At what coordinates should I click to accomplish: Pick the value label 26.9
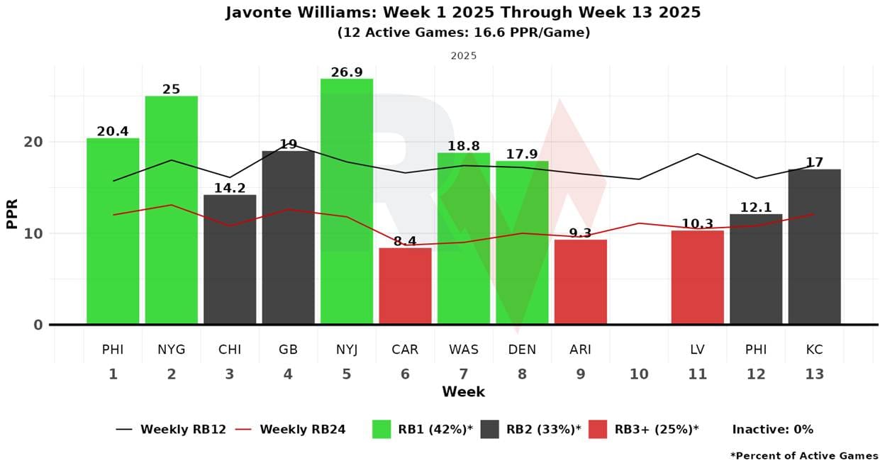point(347,72)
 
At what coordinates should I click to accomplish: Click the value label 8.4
point(405,241)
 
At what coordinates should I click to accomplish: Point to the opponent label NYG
point(172,350)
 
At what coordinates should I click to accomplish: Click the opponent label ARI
point(581,350)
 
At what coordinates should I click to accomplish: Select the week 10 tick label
point(639,374)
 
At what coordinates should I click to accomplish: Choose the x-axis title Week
point(463,391)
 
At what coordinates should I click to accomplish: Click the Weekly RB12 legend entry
point(171,429)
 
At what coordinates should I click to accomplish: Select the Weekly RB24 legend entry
point(290,429)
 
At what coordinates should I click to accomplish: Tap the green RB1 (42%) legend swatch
point(382,429)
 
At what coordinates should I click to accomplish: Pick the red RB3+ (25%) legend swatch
point(598,429)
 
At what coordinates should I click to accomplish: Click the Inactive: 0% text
point(772,429)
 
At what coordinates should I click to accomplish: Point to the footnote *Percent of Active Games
point(803,456)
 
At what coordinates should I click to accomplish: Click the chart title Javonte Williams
point(463,13)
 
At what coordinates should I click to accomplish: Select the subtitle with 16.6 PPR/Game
point(463,33)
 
